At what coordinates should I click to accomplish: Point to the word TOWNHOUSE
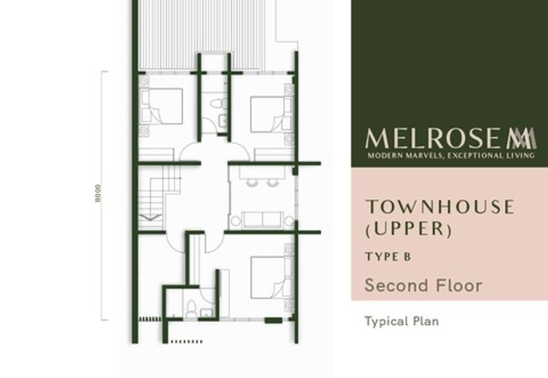(438, 207)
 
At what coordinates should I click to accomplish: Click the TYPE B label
(387, 257)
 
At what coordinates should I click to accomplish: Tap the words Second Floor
(423, 285)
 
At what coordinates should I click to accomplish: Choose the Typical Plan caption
(401, 320)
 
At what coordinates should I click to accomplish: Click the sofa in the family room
(263, 220)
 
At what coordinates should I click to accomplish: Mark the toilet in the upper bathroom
(218, 103)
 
